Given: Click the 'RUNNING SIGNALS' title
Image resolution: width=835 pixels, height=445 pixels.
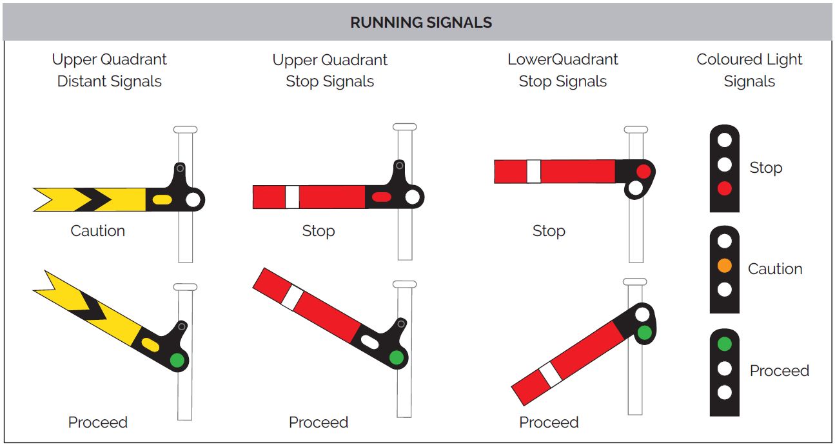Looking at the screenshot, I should tap(420, 23).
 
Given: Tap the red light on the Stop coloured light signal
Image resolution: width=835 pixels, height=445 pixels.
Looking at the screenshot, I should tap(724, 188).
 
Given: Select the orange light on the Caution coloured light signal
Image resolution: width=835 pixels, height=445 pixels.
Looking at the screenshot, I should tap(724, 265).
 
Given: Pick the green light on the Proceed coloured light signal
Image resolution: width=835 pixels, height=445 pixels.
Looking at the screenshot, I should tap(724, 344).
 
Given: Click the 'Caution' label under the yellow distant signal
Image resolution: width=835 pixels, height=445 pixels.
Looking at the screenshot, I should tap(97, 231).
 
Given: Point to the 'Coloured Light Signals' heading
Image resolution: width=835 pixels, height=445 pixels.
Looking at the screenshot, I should tap(749, 70).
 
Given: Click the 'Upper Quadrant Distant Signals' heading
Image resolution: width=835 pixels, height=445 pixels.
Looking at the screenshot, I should tap(109, 70).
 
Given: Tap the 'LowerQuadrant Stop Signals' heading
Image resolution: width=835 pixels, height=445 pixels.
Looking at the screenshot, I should tap(562, 70).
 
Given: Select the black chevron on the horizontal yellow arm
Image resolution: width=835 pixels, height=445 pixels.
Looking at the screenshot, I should tap(93, 199).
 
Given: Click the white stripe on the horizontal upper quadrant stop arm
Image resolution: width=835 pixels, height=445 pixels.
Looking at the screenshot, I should tap(292, 197).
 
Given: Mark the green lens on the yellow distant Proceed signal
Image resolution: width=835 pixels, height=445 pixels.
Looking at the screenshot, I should tap(177, 359).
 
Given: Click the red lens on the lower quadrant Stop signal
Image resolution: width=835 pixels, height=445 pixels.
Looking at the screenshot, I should tap(643, 171).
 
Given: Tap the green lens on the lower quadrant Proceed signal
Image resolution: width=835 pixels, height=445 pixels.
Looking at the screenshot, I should tap(643, 332).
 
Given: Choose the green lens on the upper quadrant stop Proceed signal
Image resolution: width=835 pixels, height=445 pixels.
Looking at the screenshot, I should tap(397, 357).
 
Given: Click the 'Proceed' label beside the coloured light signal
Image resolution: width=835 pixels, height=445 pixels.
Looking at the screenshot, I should tap(779, 371).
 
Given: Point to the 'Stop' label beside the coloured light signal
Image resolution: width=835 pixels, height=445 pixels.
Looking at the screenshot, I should tap(765, 168).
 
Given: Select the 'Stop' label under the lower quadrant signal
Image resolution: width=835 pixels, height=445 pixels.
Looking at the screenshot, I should tap(548, 231).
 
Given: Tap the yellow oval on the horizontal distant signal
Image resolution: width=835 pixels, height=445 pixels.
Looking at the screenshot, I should tap(162, 200).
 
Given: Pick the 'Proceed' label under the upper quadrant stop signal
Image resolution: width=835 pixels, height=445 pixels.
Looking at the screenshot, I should tap(319, 422).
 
